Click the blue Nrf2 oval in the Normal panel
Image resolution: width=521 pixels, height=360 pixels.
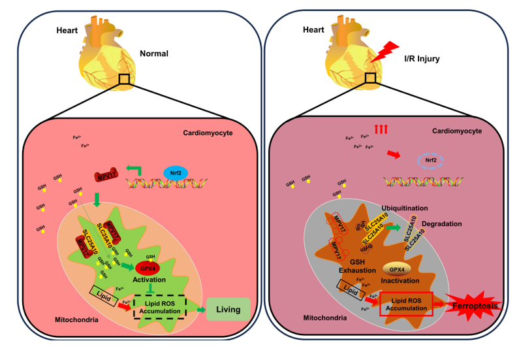point(176,172)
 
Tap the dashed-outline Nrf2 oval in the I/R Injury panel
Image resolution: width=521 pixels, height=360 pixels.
point(430,160)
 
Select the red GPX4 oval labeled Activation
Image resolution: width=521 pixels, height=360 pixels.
point(148,268)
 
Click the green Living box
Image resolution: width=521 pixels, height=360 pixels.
point(228,310)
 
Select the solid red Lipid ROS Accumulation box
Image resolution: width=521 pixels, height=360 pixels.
point(406,304)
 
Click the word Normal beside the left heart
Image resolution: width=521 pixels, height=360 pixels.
point(154,54)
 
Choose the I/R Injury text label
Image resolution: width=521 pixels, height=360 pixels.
point(418,59)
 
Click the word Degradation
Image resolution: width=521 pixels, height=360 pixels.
point(442,223)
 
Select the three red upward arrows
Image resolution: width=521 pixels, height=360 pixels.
point(381,129)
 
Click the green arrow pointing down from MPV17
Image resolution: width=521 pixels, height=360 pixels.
point(97,199)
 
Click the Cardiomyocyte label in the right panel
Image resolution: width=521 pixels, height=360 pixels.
point(457,131)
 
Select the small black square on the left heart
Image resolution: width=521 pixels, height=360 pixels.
point(123,79)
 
